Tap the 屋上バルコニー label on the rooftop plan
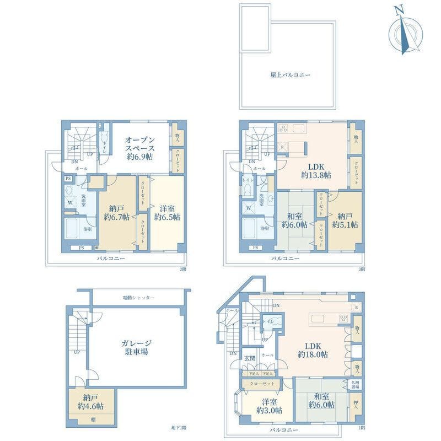(x=287, y=73)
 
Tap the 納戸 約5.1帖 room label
(x=345, y=220)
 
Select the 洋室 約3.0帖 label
(x=270, y=406)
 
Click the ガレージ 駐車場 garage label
(x=135, y=347)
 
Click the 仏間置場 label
(x=355, y=384)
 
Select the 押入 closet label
(x=355, y=405)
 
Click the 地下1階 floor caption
(x=179, y=428)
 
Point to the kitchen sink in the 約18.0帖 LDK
(x=320, y=318)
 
